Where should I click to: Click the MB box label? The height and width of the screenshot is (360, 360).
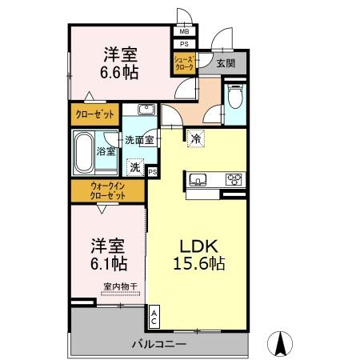coord(184,31)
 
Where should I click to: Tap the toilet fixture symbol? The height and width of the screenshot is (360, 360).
coord(234,97)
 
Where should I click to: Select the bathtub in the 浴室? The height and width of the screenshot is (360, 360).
coord(84,153)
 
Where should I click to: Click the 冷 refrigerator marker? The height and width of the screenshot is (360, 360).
coord(196,138)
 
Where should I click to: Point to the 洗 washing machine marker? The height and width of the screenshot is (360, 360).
coord(135,167)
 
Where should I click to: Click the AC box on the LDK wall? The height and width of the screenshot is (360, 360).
coord(154,317)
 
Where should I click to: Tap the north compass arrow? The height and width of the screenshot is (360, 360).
coord(280,344)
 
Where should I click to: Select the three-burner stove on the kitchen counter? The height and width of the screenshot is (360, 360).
coord(234,179)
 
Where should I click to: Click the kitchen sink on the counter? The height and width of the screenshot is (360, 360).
coord(198,179)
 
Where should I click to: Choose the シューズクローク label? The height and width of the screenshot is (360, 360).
coord(184,63)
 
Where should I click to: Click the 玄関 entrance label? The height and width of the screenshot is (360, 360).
coord(226,63)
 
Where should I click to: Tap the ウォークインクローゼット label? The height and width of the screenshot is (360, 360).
coord(108,190)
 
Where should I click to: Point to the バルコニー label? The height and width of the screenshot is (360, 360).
coord(159,344)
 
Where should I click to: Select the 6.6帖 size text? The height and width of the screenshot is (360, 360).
coord(119,72)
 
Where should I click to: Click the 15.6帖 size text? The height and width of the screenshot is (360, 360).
coord(199,263)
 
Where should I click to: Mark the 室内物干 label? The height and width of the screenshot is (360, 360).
coord(121,286)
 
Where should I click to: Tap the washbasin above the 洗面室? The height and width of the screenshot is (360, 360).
coord(146,110)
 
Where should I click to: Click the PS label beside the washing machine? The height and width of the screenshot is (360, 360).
coord(153,172)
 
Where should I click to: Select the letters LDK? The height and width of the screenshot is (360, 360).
coord(199,246)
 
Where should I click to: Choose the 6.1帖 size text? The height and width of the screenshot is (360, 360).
coord(109,263)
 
